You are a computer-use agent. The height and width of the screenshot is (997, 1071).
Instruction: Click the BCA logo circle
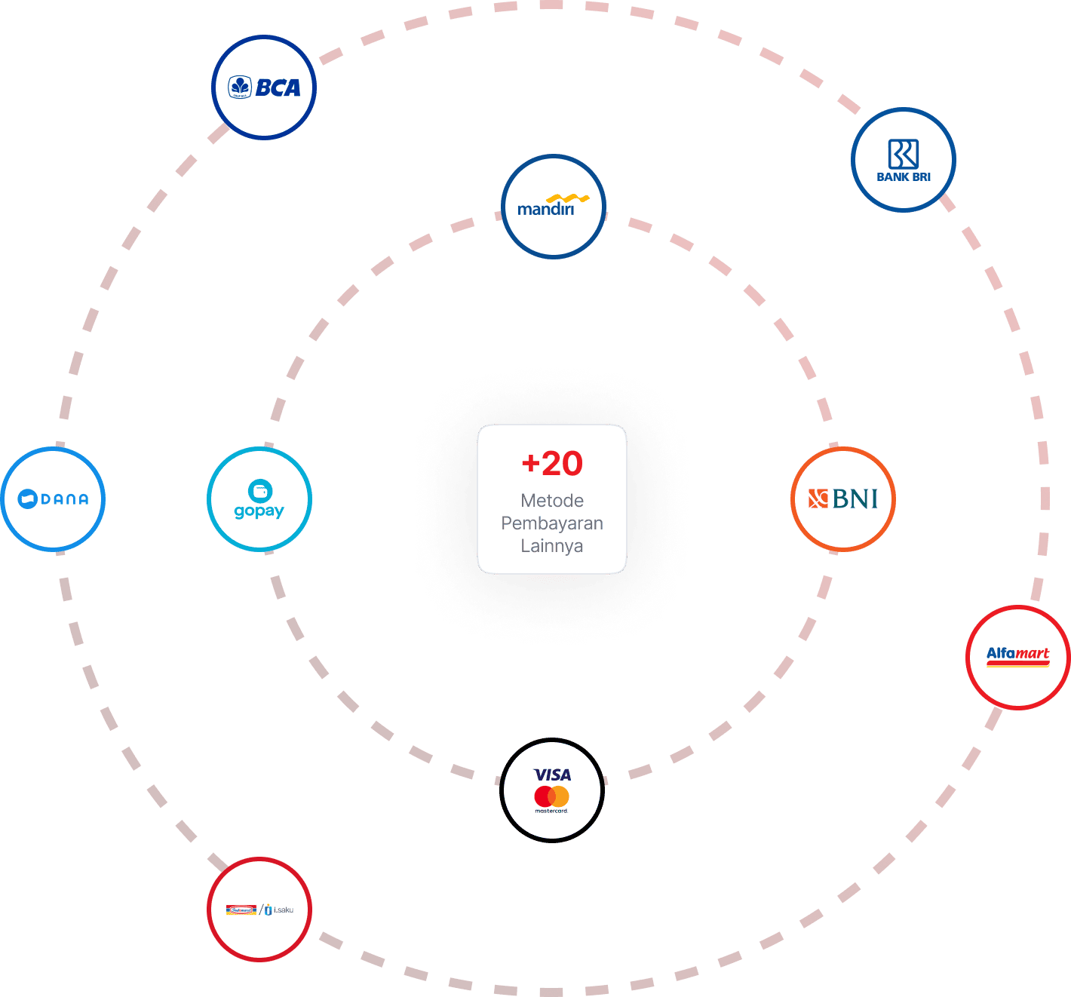pyautogui.click(x=263, y=87)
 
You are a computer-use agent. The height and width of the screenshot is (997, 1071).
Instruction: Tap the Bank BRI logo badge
pyautogui.click(x=903, y=160)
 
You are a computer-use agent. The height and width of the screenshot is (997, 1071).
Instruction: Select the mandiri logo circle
pyautogui.click(x=554, y=207)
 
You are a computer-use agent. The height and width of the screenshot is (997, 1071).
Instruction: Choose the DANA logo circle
pyautogui.click(x=53, y=498)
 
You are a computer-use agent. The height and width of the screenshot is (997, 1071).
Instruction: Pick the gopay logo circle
pyautogui.click(x=259, y=499)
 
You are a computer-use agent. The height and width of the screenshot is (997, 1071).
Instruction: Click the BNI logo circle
pyautogui.click(x=842, y=498)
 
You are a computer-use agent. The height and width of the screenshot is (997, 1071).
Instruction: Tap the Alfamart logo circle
pyautogui.click(x=1017, y=657)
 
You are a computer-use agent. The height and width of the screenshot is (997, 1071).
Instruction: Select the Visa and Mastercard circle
pyautogui.click(x=552, y=790)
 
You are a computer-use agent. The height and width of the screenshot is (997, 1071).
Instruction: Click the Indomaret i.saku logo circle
pyautogui.click(x=259, y=909)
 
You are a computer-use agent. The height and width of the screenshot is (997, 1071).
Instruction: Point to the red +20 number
pyautogui.click(x=552, y=463)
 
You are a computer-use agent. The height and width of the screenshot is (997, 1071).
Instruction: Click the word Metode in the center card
pyautogui.click(x=552, y=501)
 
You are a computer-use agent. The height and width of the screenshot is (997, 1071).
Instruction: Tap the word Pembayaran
pyautogui.click(x=552, y=523)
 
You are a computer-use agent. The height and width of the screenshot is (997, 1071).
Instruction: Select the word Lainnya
pyautogui.click(x=552, y=546)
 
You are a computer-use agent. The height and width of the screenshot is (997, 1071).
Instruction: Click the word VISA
pyautogui.click(x=553, y=775)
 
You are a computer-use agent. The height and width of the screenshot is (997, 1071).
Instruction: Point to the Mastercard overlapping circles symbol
pyautogui.click(x=551, y=796)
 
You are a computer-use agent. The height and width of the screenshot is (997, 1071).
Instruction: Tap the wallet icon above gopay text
pyautogui.click(x=260, y=491)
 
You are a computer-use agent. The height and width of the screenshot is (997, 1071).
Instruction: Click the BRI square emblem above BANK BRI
pyautogui.click(x=903, y=154)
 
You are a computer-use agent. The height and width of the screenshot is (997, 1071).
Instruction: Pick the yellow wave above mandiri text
pyautogui.click(x=567, y=199)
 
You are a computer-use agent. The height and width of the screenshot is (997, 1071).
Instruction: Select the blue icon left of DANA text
pyautogui.click(x=27, y=498)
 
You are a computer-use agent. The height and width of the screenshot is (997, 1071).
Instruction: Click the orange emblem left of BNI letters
pyautogui.click(x=818, y=498)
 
